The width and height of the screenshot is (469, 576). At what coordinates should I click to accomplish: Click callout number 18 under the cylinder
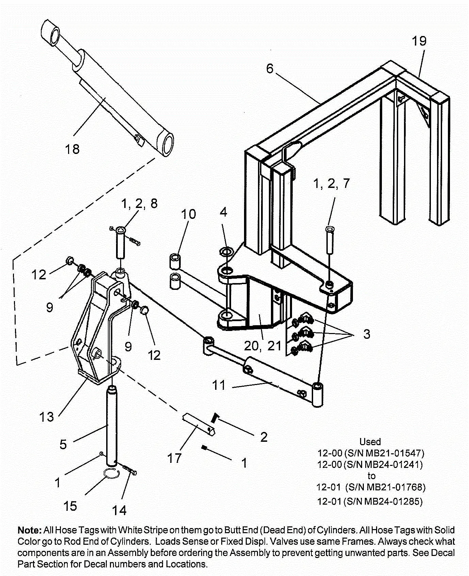72,149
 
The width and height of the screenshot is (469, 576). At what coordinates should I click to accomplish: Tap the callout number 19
419,41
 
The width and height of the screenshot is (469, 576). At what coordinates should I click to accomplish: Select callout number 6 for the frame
270,69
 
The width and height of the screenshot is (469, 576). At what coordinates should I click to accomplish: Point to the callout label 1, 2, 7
331,184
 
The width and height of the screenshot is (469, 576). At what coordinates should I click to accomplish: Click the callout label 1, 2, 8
139,204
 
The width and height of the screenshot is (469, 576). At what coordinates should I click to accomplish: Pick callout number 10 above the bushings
188,214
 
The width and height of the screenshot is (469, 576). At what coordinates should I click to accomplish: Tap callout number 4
223,212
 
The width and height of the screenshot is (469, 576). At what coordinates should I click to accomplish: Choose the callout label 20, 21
263,346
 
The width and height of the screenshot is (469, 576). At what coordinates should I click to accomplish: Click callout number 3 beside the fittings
367,334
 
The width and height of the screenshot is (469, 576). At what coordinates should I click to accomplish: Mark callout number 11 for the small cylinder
219,385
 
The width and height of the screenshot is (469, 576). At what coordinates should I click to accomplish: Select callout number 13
46,417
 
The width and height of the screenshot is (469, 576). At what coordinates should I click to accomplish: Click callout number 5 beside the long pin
63,444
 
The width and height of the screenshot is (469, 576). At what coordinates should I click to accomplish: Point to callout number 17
174,458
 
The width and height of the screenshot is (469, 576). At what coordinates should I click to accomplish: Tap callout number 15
70,506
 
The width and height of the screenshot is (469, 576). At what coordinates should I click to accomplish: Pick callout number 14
119,510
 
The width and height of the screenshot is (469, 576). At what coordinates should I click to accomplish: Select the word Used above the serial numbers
370,442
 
